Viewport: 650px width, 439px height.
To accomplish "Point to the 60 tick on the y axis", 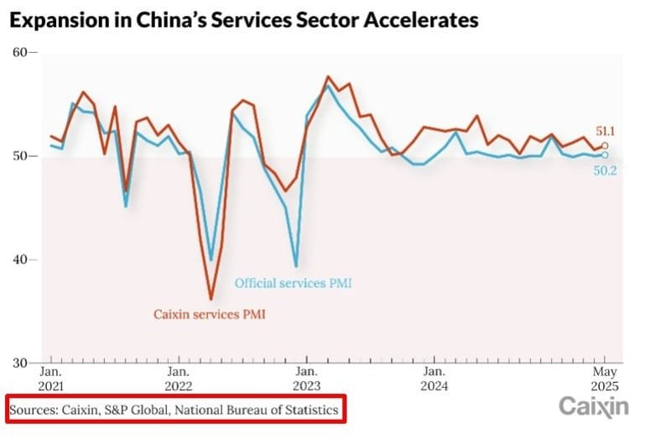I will tap(19, 53).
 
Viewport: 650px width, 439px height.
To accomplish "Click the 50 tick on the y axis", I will tap(19, 156).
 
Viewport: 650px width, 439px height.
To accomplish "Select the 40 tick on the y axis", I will tap(19, 259).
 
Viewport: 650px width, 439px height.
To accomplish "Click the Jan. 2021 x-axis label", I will tap(50, 379).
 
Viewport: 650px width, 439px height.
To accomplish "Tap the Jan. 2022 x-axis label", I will tap(178, 379).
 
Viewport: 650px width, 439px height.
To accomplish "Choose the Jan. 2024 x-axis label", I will tap(434, 379).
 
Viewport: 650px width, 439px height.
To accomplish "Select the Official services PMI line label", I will tap(293, 284).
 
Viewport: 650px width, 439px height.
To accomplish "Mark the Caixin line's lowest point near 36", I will tap(211, 299).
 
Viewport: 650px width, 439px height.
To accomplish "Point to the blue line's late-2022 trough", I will tap(296, 266).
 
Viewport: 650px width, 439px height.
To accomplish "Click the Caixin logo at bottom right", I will tap(594, 407).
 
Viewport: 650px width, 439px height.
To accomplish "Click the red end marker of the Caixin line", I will tap(605, 145).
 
